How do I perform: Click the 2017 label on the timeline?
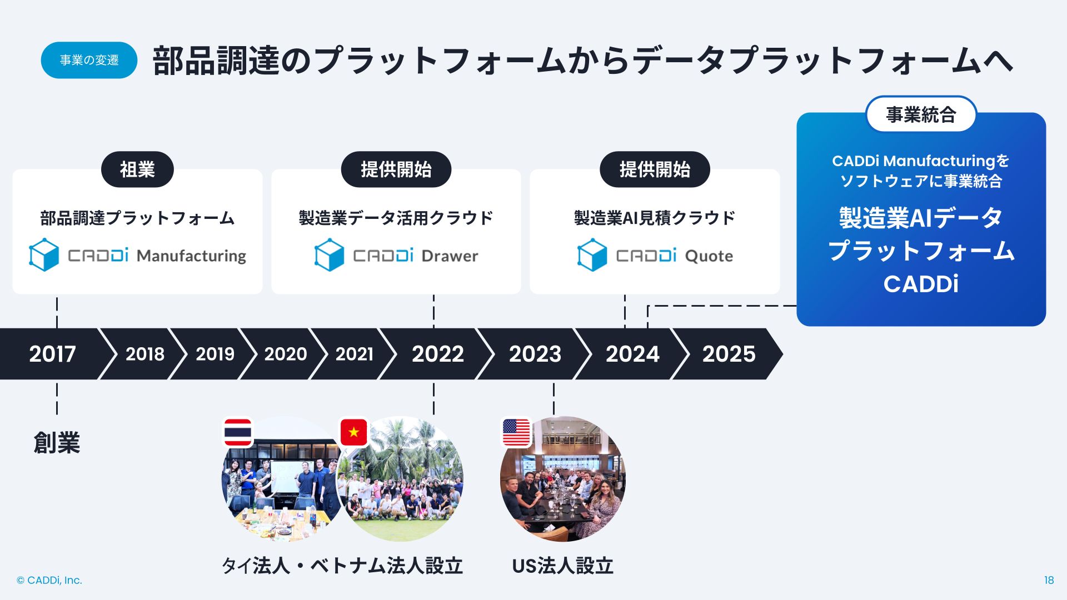click(x=52, y=354)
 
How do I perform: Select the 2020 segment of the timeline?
click(x=285, y=354)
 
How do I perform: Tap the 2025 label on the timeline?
click(x=729, y=354)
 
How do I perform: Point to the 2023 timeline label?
click(x=535, y=354)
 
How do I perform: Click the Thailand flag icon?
click(x=238, y=432)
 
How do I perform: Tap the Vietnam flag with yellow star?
click(x=354, y=432)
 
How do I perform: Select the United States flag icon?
click(x=516, y=432)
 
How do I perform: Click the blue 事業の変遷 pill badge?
click(x=89, y=60)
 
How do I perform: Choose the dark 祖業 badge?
click(x=137, y=169)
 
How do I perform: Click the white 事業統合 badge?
click(x=921, y=114)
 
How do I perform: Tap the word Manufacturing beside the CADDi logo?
click(x=191, y=256)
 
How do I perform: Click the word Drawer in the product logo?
click(x=450, y=256)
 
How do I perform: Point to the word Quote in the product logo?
click(x=709, y=256)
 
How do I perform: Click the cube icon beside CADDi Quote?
click(x=592, y=255)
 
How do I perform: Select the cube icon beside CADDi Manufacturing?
click(x=44, y=255)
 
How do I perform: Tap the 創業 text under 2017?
click(x=57, y=443)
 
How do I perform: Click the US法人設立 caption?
click(x=562, y=566)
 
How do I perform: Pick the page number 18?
click(x=1049, y=580)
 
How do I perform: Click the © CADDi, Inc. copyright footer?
click(x=49, y=580)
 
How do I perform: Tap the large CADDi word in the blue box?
click(x=921, y=284)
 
